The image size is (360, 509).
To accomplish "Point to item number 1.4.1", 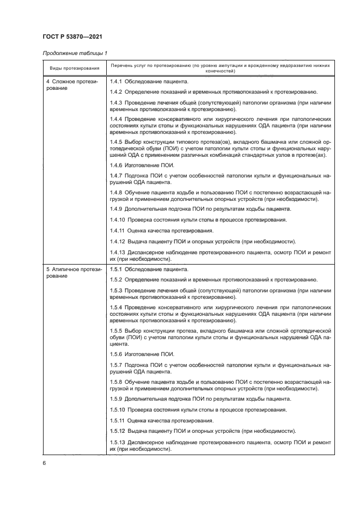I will (x=116, y=81).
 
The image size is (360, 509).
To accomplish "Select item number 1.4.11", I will (x=117, y=231).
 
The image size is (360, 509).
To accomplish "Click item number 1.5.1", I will (x=116, y=269).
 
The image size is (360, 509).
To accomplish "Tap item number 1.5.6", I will (x=116, y=354).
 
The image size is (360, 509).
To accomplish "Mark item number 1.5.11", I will (x=117, y=420).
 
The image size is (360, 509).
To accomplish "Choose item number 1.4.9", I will (x=116, y=209).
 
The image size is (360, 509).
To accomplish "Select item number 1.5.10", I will (x=117, y=409).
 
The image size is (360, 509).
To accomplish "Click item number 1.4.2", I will (x=116, y=91).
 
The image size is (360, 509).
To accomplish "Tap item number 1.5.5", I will (x=116, y=330).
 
